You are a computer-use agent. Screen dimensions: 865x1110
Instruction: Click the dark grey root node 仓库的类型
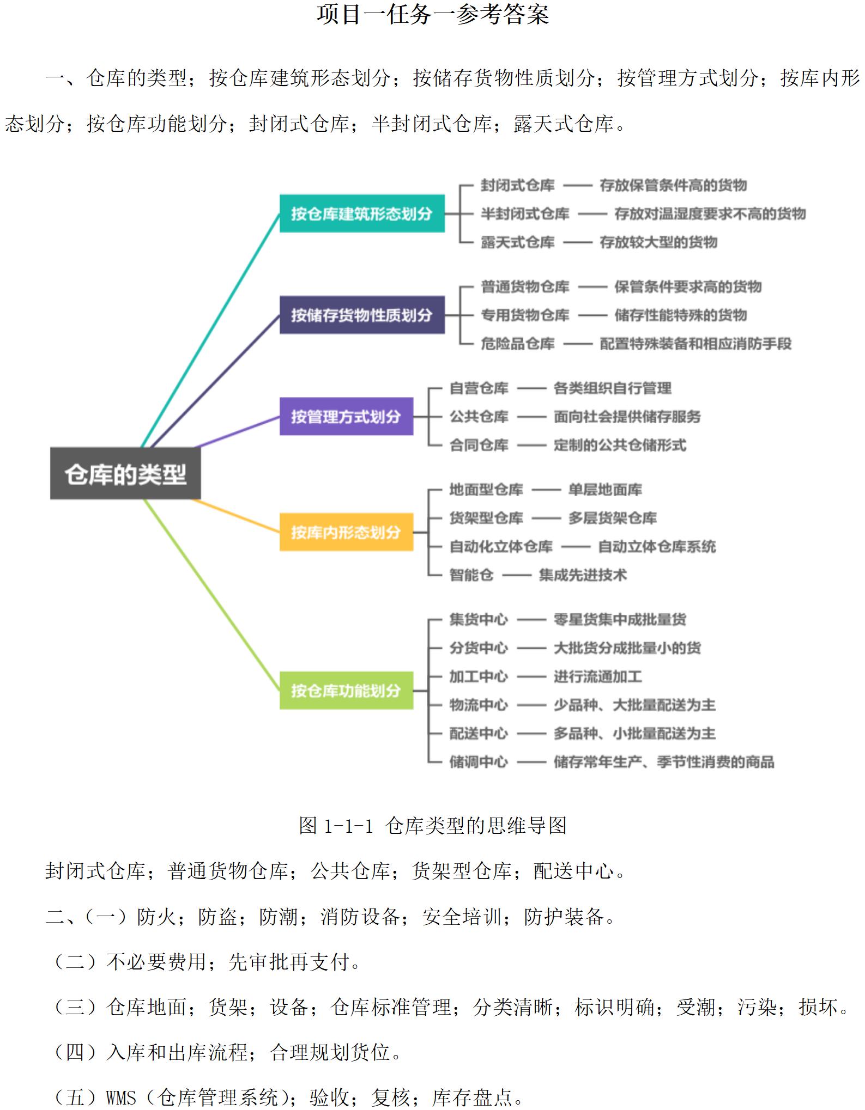click(x=125, y=473)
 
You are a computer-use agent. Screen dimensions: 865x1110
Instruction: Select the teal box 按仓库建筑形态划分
click(x=362, y=214)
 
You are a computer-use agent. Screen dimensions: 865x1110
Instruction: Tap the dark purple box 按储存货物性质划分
click(x=362, y=315)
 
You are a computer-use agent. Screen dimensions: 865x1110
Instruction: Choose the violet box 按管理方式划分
click(x=346, y=416)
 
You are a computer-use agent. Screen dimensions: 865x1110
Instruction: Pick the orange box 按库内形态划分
click(x=346, y=532)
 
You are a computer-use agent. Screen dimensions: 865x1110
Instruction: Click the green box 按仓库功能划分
click(x=346, y=690)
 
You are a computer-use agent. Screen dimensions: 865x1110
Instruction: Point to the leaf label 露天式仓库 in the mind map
click(x=517, y=242)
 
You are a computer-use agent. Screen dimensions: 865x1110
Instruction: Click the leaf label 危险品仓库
click(x=517, y=344)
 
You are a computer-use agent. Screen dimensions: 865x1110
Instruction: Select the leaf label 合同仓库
click(x=479, y=445)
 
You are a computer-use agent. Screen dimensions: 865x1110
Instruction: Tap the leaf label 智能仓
click(x=471, y=575)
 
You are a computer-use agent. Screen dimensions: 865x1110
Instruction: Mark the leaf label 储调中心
click(x=479, y=761)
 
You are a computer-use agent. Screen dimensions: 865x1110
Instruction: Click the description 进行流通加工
click(x=597, y=676)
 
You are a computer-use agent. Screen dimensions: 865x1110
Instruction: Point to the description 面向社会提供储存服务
click(x=627, y=417)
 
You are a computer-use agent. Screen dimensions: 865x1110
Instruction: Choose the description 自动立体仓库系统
click(x=657, y=546)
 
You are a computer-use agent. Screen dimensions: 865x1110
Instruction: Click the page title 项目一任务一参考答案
click(x=433, y=14)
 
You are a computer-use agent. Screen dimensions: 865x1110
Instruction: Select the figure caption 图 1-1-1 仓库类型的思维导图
click(x=433, y=825)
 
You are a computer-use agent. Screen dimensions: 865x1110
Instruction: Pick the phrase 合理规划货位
click(x=330, y=1052)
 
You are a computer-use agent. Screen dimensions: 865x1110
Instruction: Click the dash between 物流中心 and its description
click(x=531, y=705)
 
